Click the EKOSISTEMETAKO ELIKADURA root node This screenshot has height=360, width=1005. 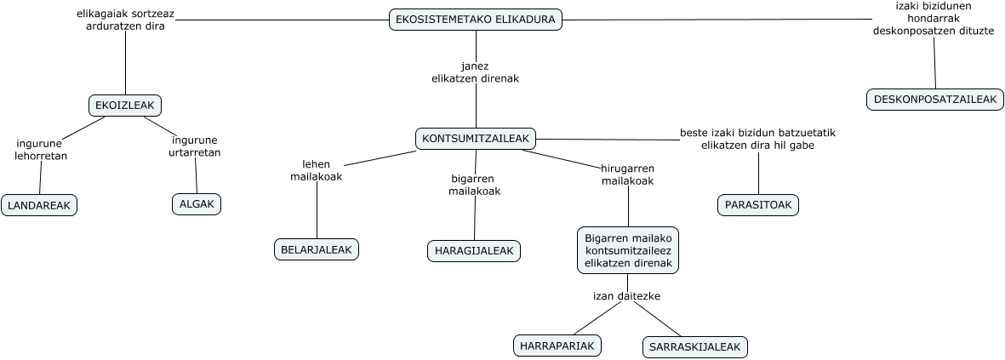(476, 20)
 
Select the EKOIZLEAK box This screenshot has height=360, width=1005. (125, 106)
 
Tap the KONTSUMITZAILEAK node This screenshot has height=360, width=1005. (476, 138)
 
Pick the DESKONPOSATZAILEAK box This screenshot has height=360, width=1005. (934, 100)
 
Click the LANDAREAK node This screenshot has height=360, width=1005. (39, 205)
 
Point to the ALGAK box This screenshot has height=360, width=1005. (197, 204)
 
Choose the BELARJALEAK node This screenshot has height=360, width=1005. (317, 249)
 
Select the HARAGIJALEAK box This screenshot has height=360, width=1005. (473, 250)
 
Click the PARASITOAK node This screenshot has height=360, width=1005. (758, 205)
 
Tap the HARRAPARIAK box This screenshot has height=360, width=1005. (557, 346)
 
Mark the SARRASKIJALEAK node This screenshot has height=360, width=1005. (695, 347)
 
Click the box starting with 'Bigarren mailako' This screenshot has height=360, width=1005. (629, 250)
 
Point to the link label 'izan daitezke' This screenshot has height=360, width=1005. (626, 296)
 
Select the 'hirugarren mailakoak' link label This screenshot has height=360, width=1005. (627, 174)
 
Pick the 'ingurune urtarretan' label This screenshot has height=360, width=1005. (194, 146)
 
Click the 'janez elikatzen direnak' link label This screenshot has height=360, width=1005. (475, 71)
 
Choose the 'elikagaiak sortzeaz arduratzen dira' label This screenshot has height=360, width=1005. (125, 20)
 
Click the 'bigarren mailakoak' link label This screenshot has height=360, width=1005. (474, 185)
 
